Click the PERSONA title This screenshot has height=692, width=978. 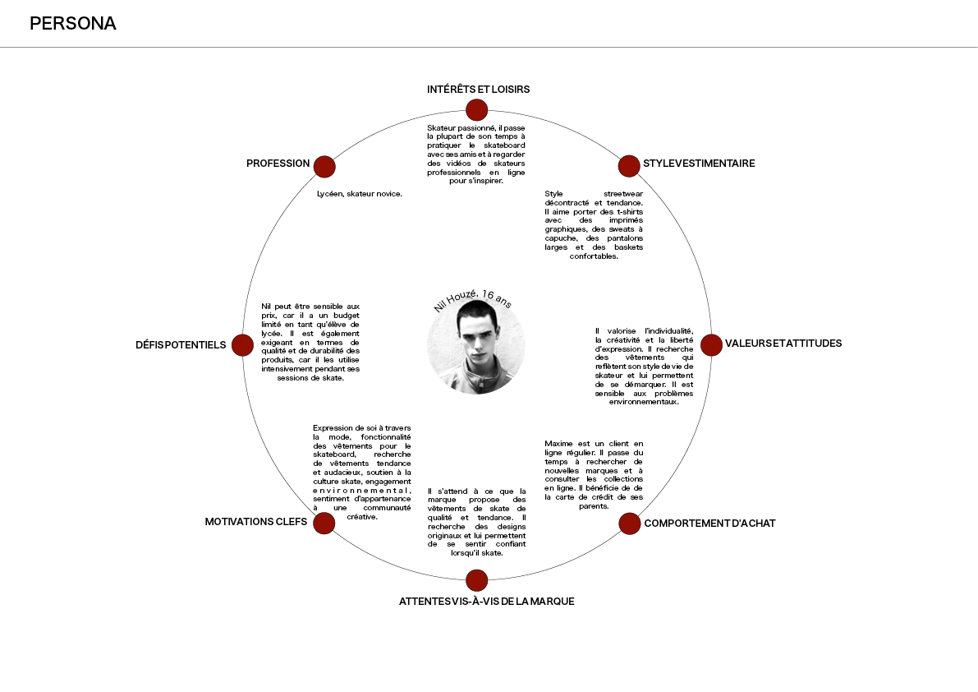coord(73,24)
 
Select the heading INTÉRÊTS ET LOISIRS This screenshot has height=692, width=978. coord(479,90)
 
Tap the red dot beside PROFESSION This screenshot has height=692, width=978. coord(324,167)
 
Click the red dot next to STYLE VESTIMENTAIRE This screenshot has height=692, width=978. coord(629,167)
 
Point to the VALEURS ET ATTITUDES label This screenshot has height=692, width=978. coord(783,344)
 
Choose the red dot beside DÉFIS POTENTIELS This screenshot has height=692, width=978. coord(242,345)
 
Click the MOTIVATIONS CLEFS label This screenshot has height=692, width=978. coord(255,522)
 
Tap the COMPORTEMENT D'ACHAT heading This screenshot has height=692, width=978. coord(709,524)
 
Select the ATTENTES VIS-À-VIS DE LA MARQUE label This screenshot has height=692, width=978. coord(486,602)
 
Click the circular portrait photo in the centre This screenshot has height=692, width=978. coord(476,346)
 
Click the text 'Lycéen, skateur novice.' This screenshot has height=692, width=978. coord(360,194)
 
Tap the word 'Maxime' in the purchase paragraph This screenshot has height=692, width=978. coord(558,444)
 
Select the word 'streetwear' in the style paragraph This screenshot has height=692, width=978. coord(623,194)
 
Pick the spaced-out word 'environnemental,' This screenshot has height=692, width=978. coord(362,491)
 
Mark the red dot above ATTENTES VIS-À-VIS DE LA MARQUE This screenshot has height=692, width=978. coord(476,580)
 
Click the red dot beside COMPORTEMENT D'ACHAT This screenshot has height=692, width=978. coord(630,524)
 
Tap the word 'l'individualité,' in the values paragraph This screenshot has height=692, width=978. coord(668,331)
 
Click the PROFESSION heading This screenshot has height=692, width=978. coord(278,164)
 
